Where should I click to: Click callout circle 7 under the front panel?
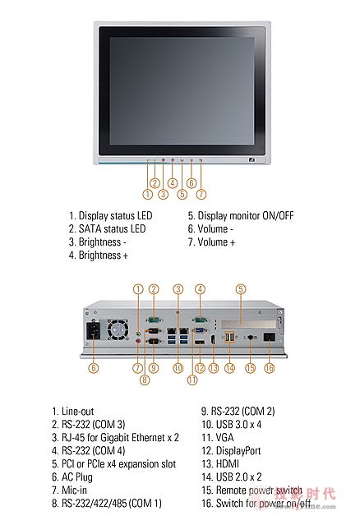coord(201,194)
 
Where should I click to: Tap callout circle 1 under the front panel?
coord(148,194)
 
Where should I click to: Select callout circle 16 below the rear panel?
coord(270,368)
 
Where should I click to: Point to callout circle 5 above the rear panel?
coord(241,289)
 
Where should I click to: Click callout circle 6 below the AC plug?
coord(94,368)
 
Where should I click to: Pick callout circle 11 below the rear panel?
coord(192,380)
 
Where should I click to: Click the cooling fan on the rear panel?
coord(117,329)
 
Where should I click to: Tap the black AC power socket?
coord(94,330)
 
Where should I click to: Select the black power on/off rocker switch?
coord(270,337)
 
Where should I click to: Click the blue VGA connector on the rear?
coord(201,331)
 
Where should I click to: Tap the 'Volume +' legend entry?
coord(211,242)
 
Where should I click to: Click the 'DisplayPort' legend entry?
coord(231,451)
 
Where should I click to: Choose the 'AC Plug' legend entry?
coord(72,477)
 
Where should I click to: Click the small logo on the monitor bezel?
coord(252,160)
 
